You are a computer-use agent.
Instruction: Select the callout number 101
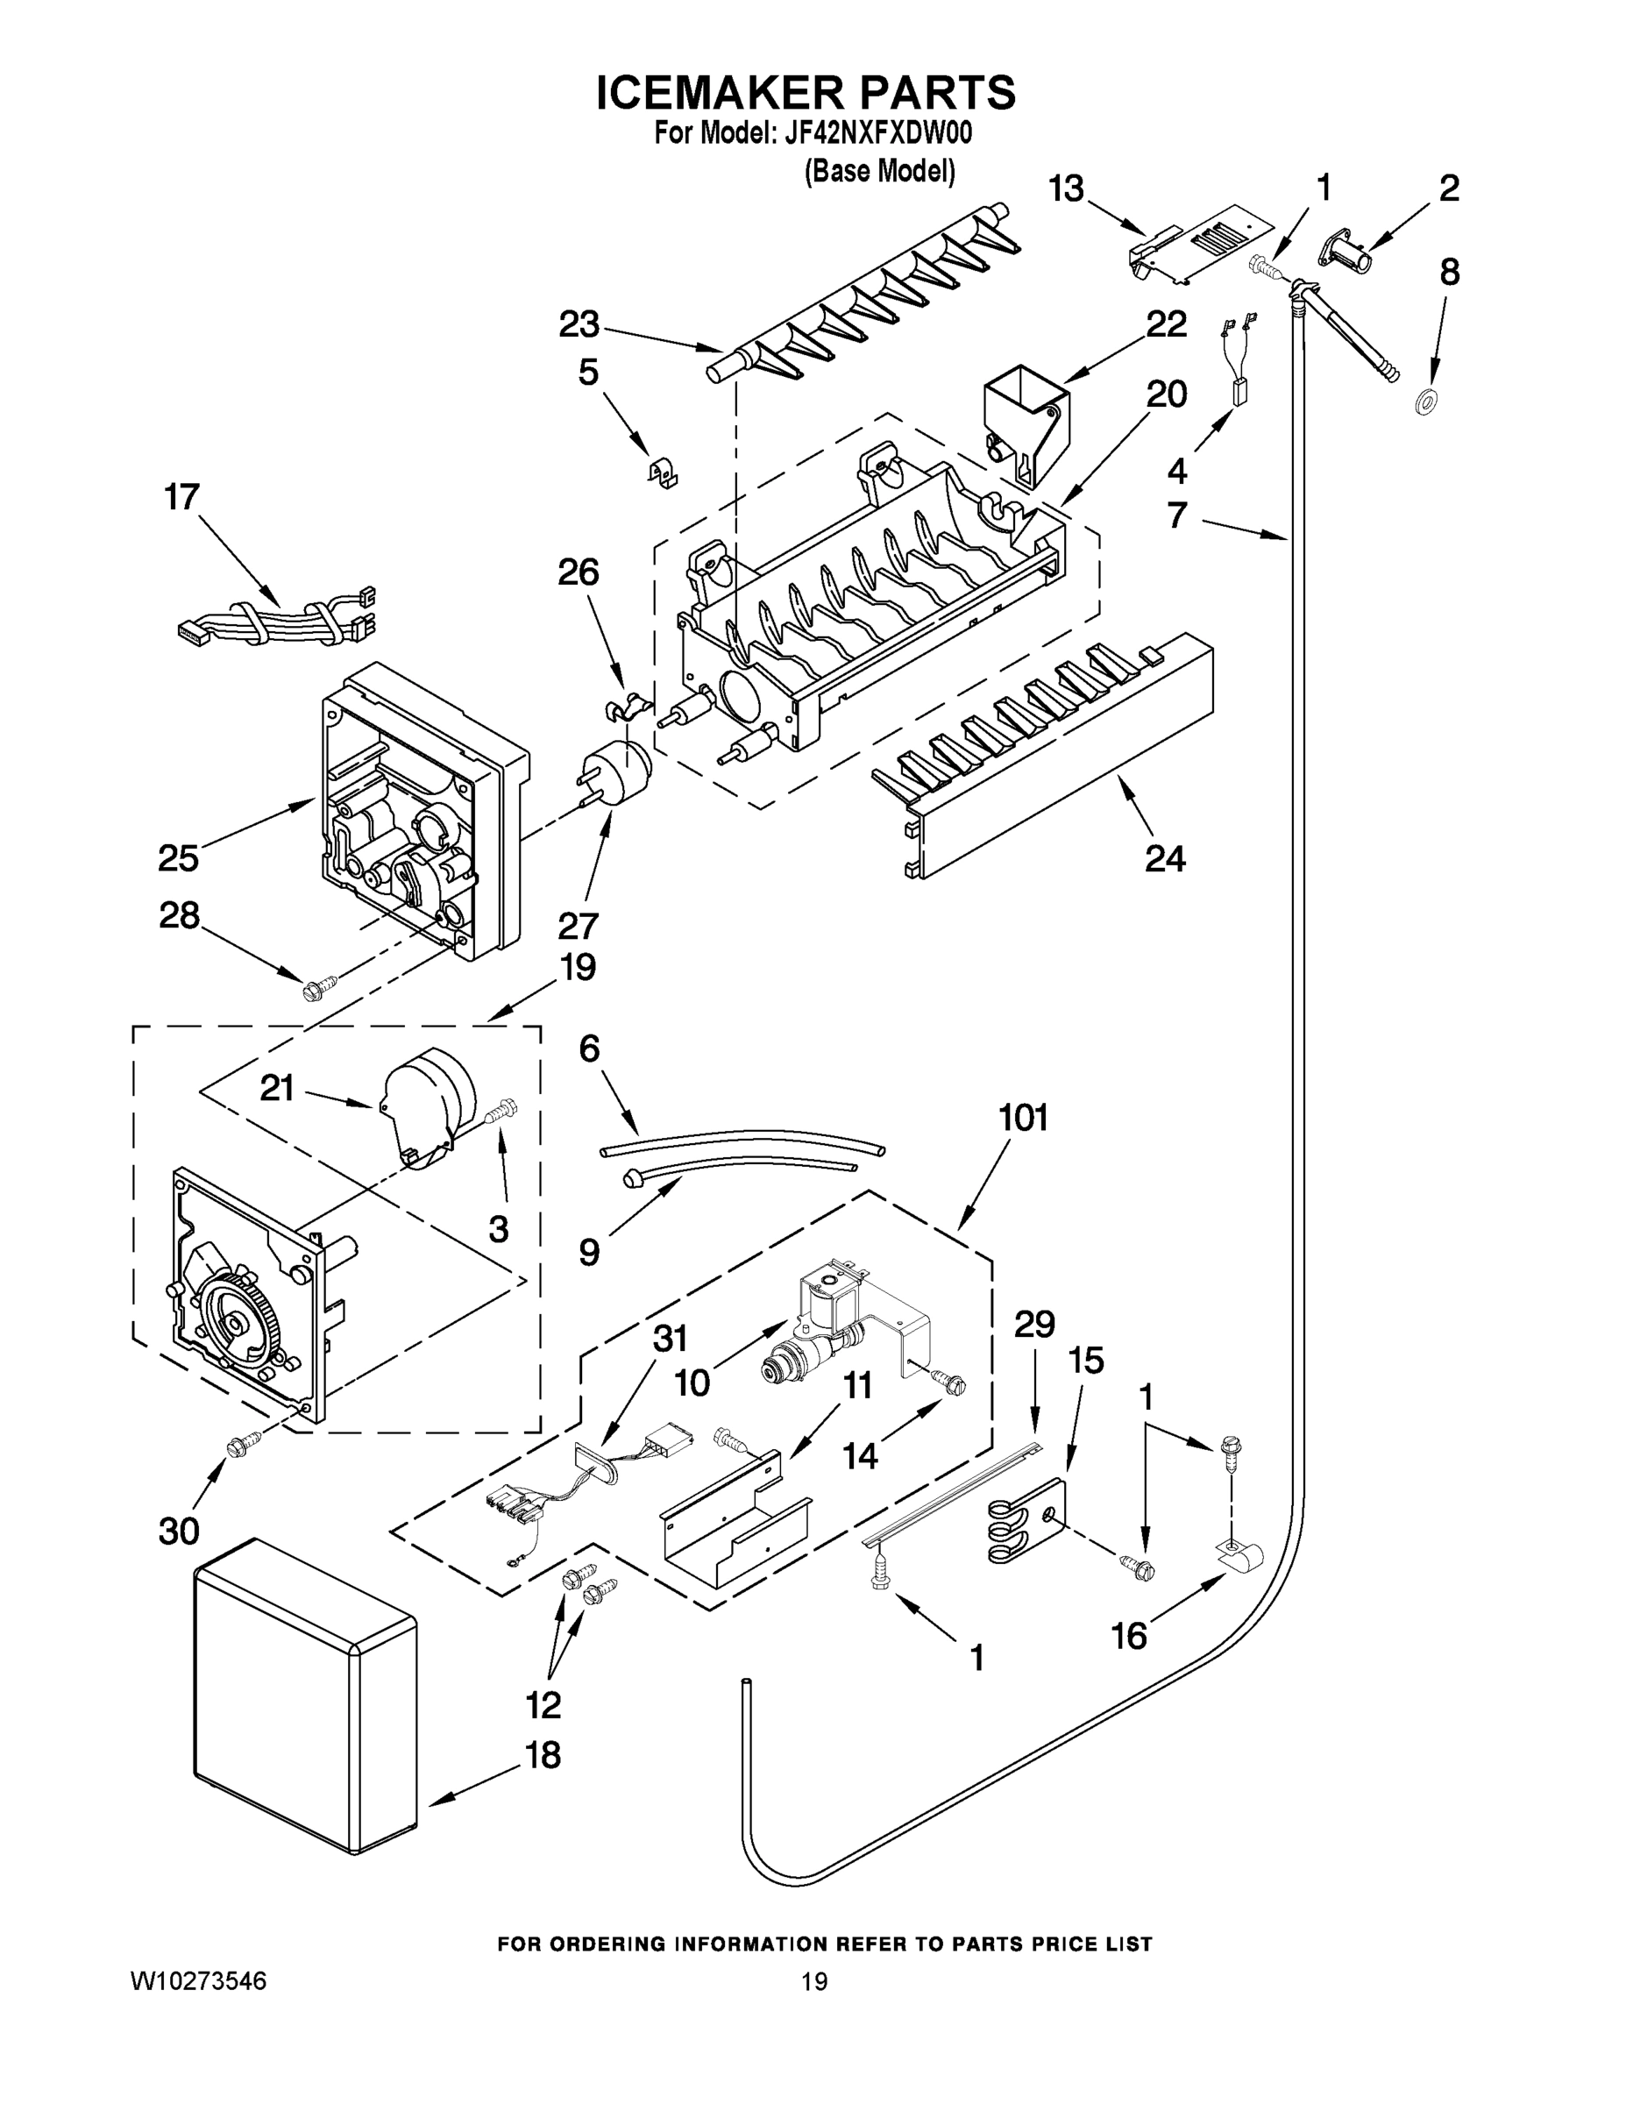(1022, 1118)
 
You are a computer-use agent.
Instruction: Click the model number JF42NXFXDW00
(877, 133)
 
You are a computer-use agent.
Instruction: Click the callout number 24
(1164, 857)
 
